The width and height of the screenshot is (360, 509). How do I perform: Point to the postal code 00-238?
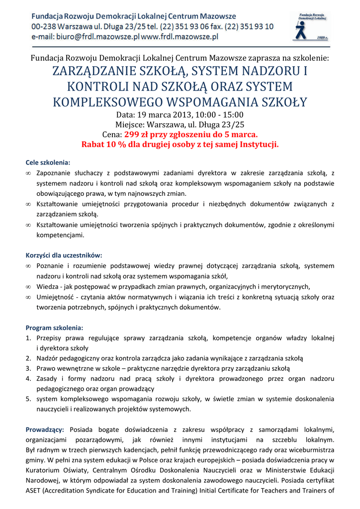point(44,26)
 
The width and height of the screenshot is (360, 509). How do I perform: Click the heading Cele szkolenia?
point(48,163)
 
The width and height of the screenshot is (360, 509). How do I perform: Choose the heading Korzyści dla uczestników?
point(64,255)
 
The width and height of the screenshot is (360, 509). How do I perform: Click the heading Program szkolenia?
point(55,328)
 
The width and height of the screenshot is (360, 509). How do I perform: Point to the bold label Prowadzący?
point(45,429)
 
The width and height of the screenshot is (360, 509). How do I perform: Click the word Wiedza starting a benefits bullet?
point(48,286)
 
